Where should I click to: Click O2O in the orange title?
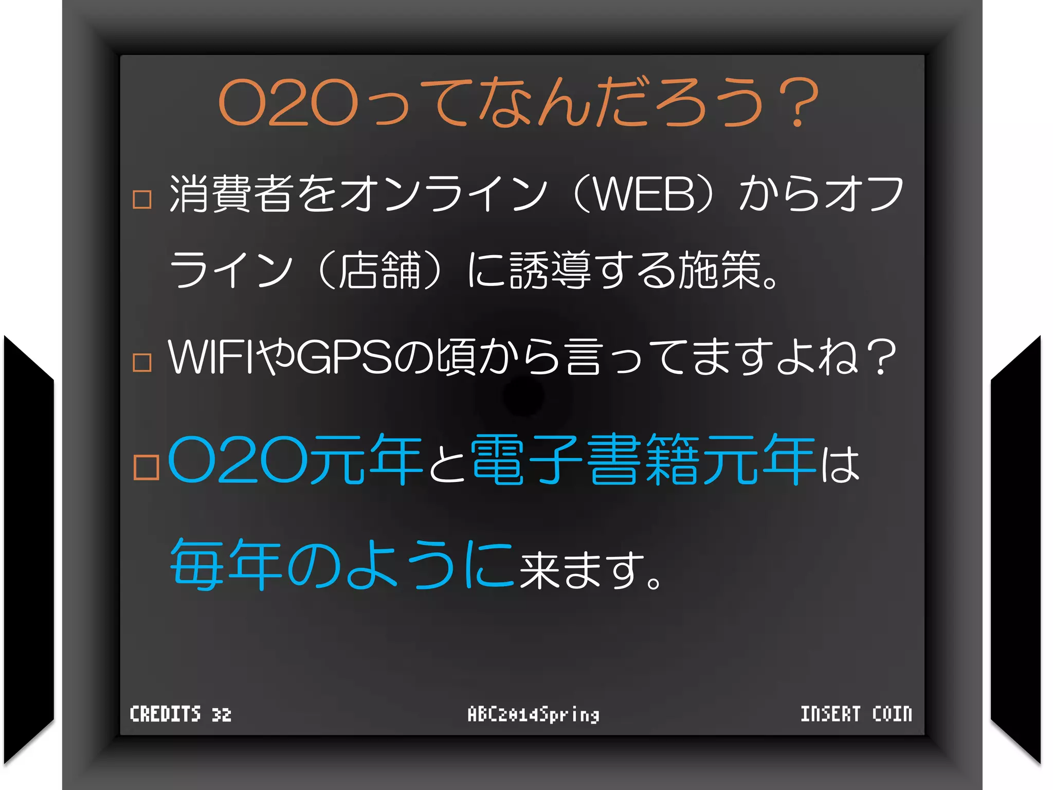(288, 103)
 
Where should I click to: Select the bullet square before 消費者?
(142, 199)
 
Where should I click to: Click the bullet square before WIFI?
(142, 362)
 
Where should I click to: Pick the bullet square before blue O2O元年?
(146, 467)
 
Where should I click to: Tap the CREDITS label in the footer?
(165, 714)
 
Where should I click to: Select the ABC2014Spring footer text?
(533, 714)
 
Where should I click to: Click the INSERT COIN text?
(856, 714)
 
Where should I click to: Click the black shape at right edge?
(1015, 550)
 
